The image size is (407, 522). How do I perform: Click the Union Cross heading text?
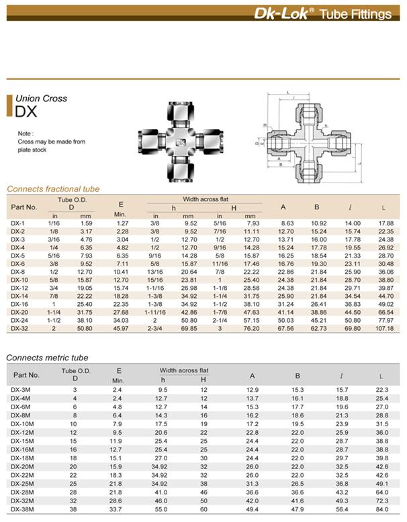click(x=42, y=99)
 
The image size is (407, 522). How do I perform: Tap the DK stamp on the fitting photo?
click(x=181, y=142)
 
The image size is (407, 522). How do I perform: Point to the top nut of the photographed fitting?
click(x=181, y=113)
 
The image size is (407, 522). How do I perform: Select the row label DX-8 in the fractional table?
click(x=17, y=272)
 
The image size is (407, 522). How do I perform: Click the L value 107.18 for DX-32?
click(x=384, y=329)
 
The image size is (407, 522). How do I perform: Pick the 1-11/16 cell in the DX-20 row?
click(x=155, y=312)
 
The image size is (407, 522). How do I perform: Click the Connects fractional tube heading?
click(x=53, y=189)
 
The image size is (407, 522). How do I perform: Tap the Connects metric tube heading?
click(x=47, y=358)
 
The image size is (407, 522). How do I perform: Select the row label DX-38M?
click(x=22, y=509)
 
